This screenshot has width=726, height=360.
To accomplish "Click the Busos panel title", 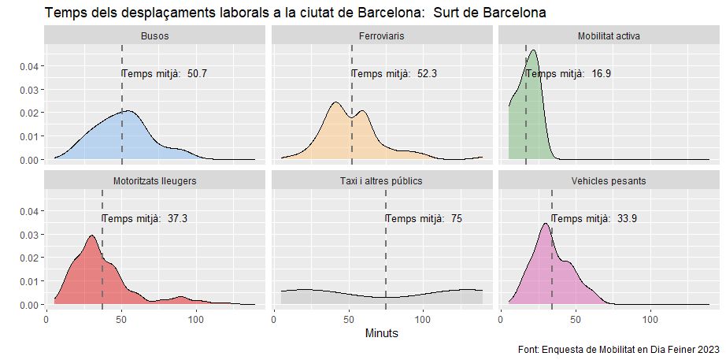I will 154,36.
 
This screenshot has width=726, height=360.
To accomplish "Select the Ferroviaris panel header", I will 381,36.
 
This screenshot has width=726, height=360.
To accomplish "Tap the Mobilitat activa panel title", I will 609,36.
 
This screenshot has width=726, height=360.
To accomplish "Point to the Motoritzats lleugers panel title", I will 154,180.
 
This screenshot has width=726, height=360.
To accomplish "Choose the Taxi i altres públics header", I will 381,180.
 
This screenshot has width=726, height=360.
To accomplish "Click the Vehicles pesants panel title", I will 609,180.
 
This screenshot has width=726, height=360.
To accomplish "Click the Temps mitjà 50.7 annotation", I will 165,74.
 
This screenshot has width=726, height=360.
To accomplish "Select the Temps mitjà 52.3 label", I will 394,74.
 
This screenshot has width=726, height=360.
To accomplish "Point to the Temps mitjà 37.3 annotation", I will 145,218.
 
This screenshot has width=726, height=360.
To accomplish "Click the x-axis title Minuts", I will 382,333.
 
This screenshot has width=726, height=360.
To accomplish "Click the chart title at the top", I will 295,13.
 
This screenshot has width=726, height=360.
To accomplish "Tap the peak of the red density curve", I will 92,236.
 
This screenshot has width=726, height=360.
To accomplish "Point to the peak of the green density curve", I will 534,51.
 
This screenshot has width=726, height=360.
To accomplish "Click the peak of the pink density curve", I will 545,224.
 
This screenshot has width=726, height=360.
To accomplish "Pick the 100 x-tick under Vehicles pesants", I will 651,320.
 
